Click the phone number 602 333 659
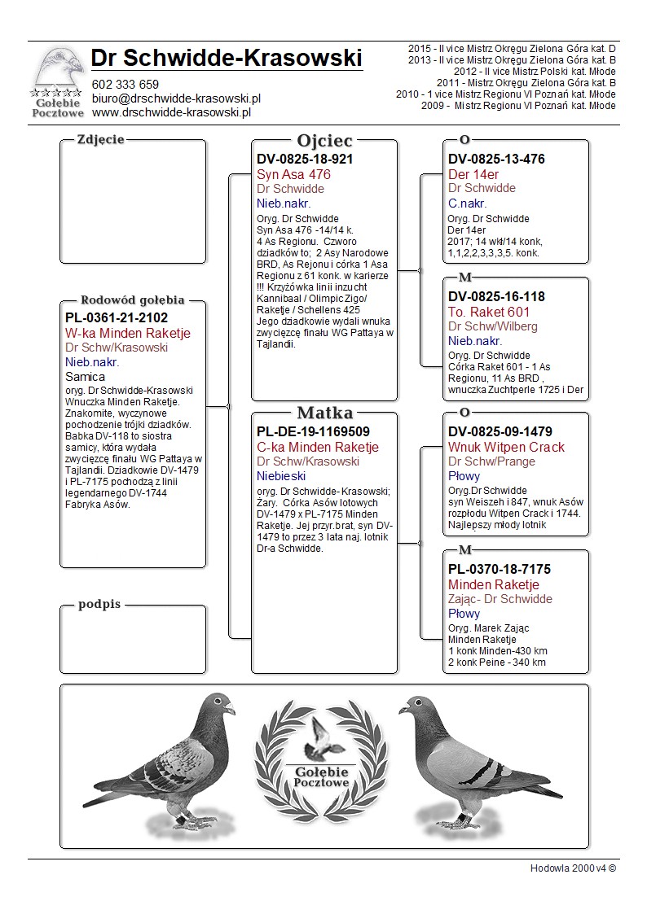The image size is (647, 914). point(125,85)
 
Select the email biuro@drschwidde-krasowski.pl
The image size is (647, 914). point(176,98)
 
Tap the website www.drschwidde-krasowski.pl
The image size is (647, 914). point(170,112)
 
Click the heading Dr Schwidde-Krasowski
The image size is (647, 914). point(227,59)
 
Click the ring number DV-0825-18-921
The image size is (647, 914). point(305,160)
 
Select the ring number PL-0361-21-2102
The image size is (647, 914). point(116,318)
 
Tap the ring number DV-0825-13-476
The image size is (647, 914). point(496,160)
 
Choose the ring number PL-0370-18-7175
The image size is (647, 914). point(500,570)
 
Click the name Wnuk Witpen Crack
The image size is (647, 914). point(506,448)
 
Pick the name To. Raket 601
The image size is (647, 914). point(489,312)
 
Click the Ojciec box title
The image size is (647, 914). point(324,141)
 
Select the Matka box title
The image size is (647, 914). point(324,413)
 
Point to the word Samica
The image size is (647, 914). point(85,377)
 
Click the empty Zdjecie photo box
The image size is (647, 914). point(133,203)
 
